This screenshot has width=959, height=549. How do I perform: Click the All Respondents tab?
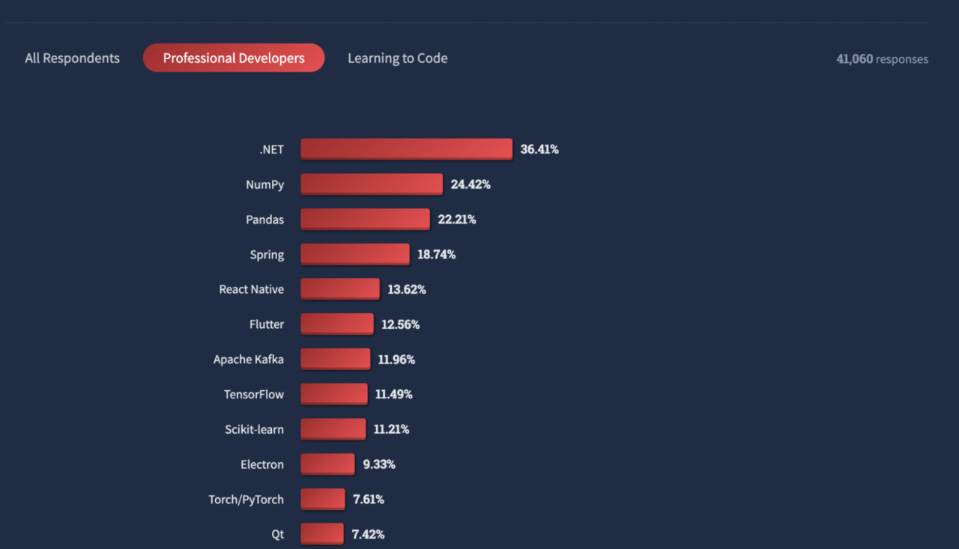72,58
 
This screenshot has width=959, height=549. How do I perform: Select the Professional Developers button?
234,58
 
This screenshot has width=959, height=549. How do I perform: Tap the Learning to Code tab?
397,58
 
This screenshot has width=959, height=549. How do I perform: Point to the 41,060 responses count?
882,59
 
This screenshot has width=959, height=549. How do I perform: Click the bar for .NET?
406,149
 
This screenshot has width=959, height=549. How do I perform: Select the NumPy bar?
372,184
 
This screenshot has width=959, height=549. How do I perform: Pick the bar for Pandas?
365,219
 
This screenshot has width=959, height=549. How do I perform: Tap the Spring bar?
355,255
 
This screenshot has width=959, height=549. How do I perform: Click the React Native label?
251,289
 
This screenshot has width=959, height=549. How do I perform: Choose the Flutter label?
266,324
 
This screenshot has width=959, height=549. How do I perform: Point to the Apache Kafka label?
248,360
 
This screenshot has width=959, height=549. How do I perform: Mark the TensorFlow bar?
334,394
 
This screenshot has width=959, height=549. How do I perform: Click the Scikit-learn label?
254,429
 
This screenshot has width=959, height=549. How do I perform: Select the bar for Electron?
327,464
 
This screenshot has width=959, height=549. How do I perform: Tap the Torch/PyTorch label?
246,500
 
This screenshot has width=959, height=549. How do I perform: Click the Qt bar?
322,534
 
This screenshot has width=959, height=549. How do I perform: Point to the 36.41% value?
539,149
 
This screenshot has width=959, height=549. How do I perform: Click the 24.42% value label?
471,184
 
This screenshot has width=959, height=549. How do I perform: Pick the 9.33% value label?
379,464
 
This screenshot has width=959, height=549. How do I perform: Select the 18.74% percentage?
436,255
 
